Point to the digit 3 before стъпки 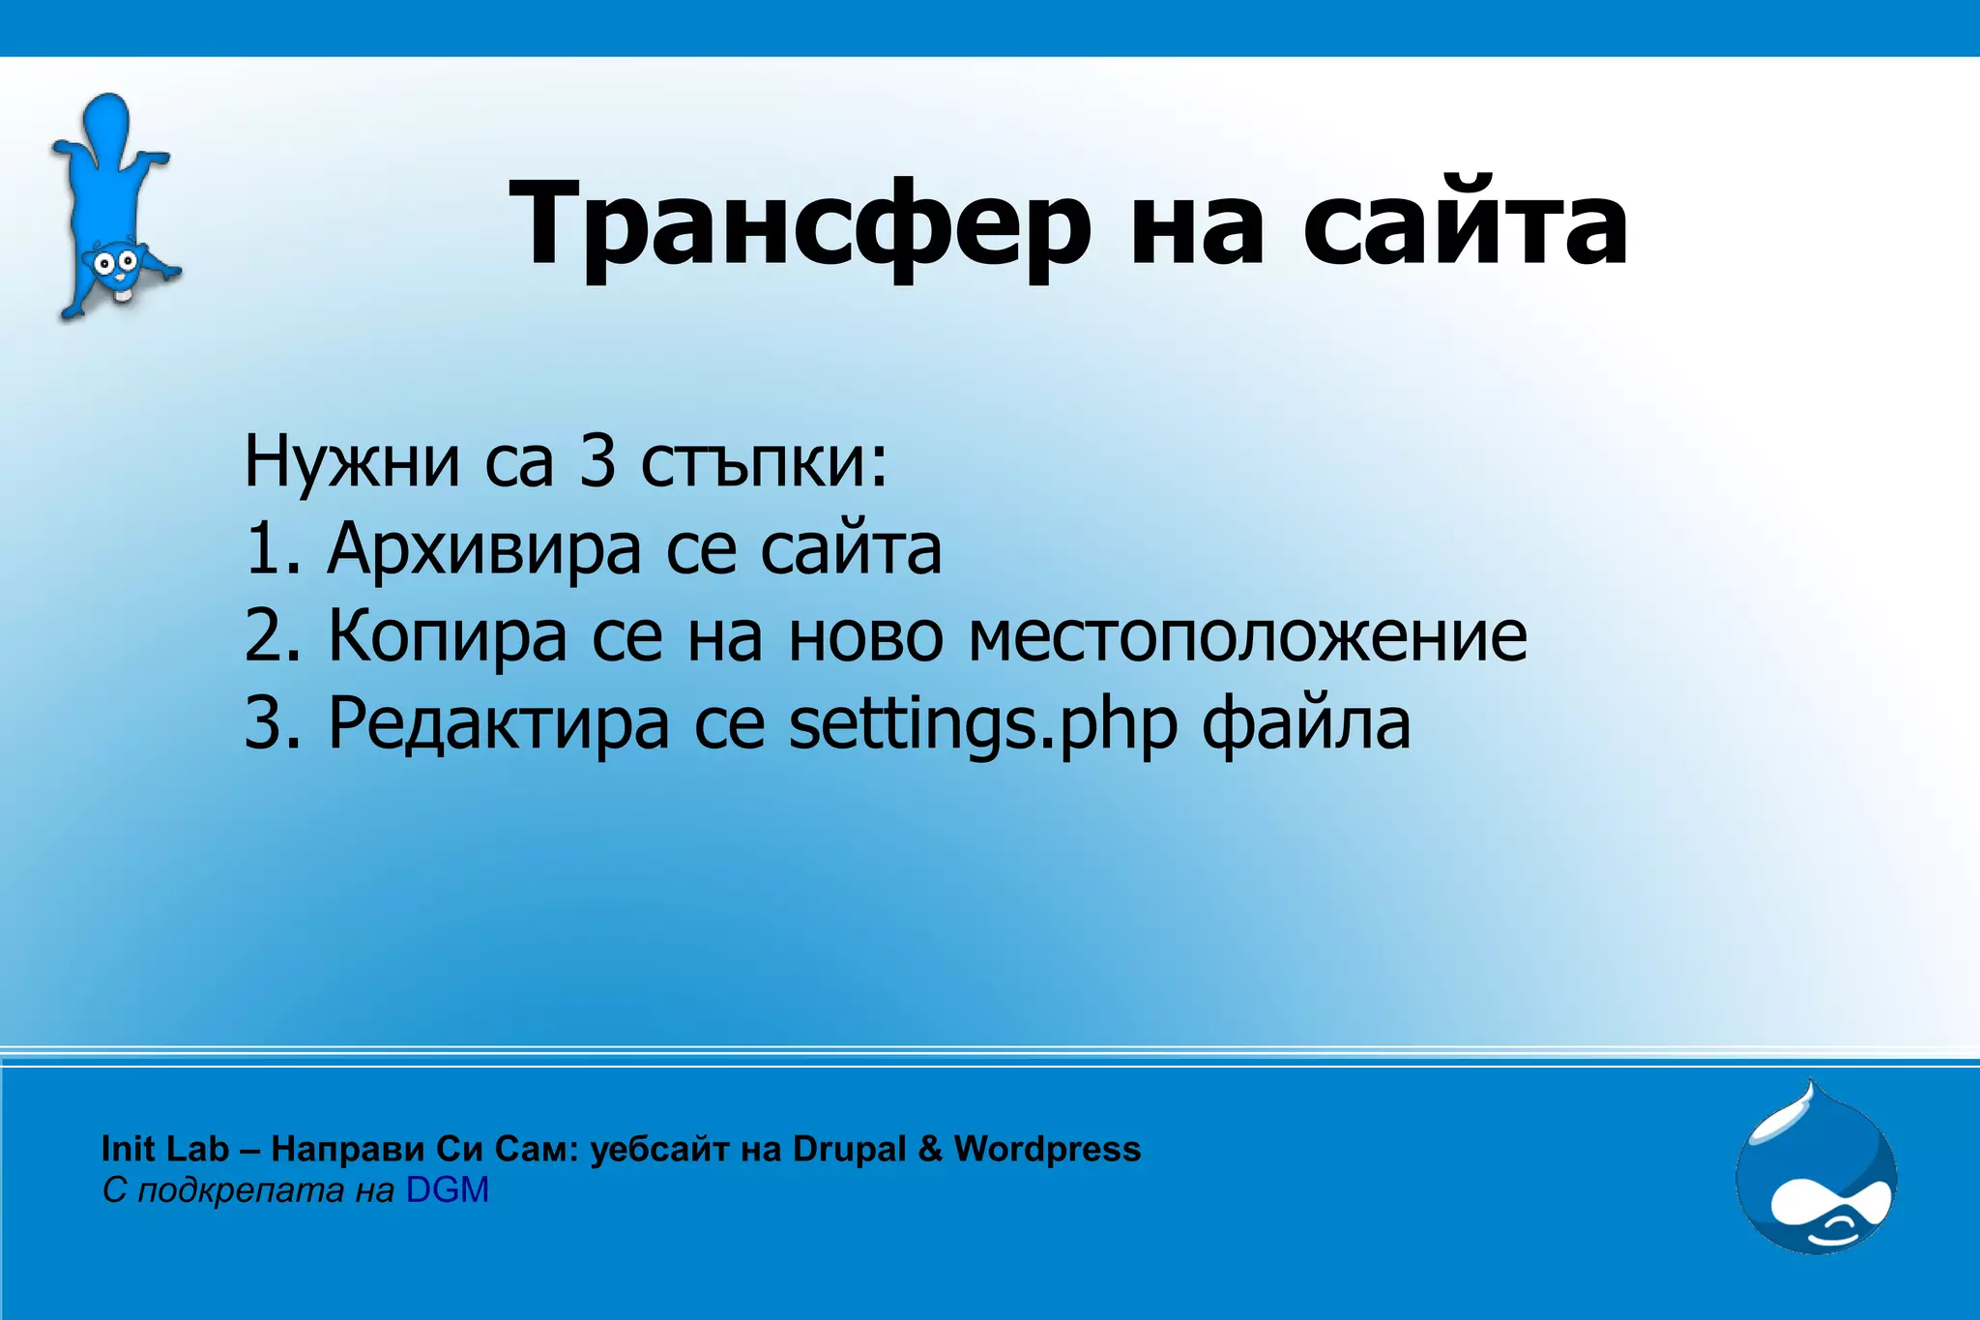click(x=597, y=462)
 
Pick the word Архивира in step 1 click(x=483, y=549)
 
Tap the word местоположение click(x=1248, y=636)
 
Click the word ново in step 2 click(x=865, y=636)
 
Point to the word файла click(x=1305, y=723)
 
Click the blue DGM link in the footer click(x=447, y=1189)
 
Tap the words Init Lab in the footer click(x=165, y=1149)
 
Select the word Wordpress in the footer click(x=1047, y=1149)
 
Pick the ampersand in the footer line click(x=930, y=1149)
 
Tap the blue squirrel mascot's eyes click(x=112, y=261)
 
